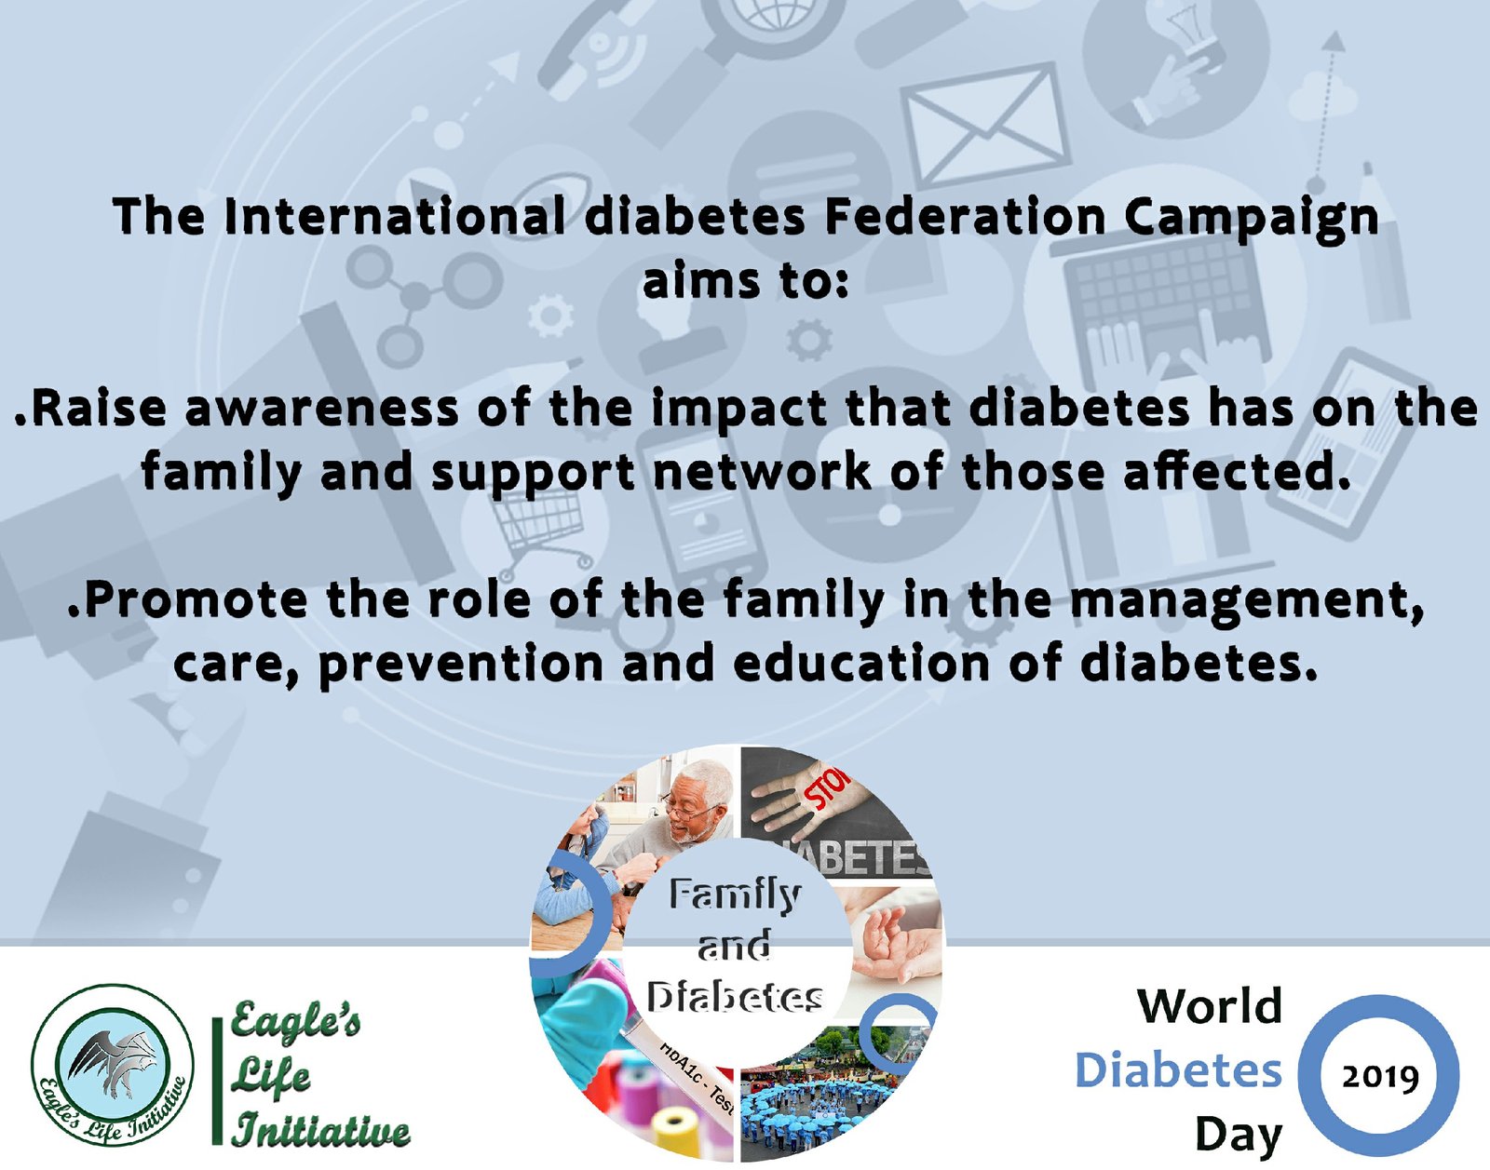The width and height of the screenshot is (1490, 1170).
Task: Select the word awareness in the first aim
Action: coord(321,409)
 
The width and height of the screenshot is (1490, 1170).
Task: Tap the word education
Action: coord(860,663)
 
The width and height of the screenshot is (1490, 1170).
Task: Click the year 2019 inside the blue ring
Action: coord(1380,1078)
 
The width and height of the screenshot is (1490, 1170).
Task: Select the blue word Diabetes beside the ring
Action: coord(1178,1070)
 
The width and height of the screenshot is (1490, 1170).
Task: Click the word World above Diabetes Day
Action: coord(1210,1006)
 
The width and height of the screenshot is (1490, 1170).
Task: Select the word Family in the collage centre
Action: coord(735,894)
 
